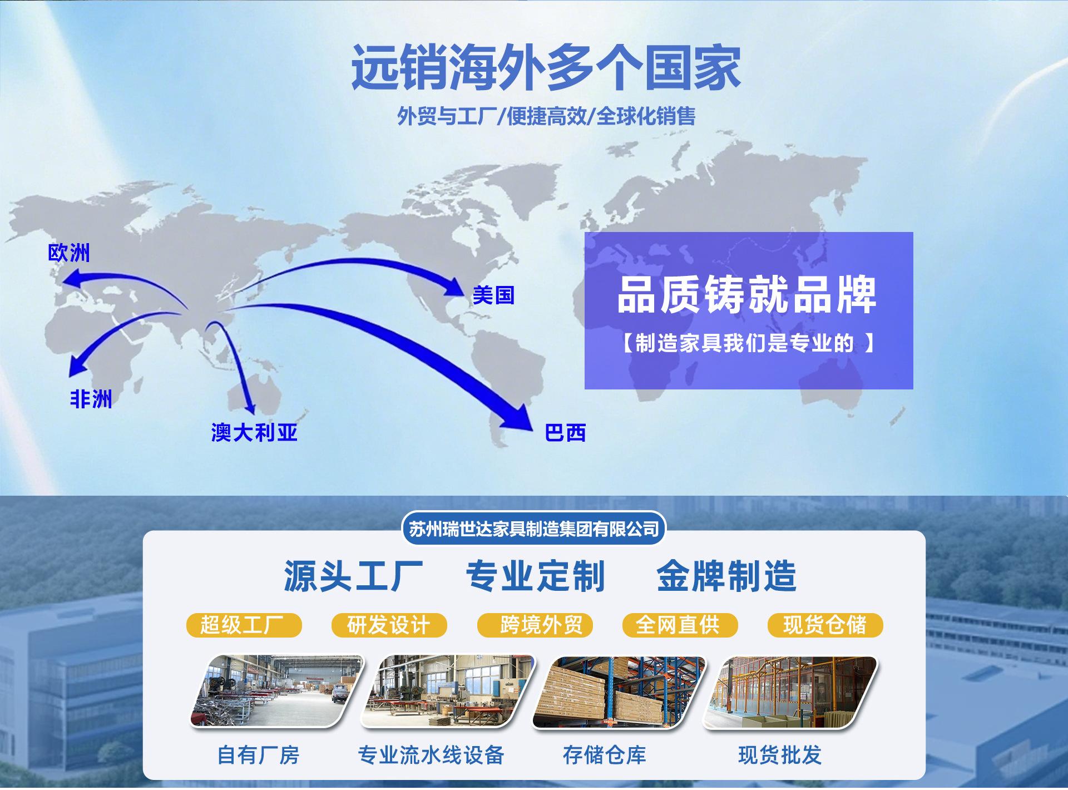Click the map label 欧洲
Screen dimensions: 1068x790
69,253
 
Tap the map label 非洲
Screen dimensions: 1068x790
91,399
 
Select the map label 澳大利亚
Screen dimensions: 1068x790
254,432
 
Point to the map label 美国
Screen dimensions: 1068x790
493,295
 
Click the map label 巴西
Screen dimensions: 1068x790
565,433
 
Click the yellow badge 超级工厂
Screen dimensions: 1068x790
244,625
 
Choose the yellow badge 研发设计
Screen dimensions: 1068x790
389,625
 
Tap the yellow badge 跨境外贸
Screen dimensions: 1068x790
535,625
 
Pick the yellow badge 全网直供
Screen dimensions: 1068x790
680,625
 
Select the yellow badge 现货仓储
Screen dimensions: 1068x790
825,625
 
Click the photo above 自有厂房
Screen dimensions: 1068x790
276,692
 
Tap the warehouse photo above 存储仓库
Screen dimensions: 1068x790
619,692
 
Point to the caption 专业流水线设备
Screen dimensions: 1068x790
431,755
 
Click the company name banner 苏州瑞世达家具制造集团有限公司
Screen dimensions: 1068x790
534,529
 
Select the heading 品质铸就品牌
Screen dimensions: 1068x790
747,294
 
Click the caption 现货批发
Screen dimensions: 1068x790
780,755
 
